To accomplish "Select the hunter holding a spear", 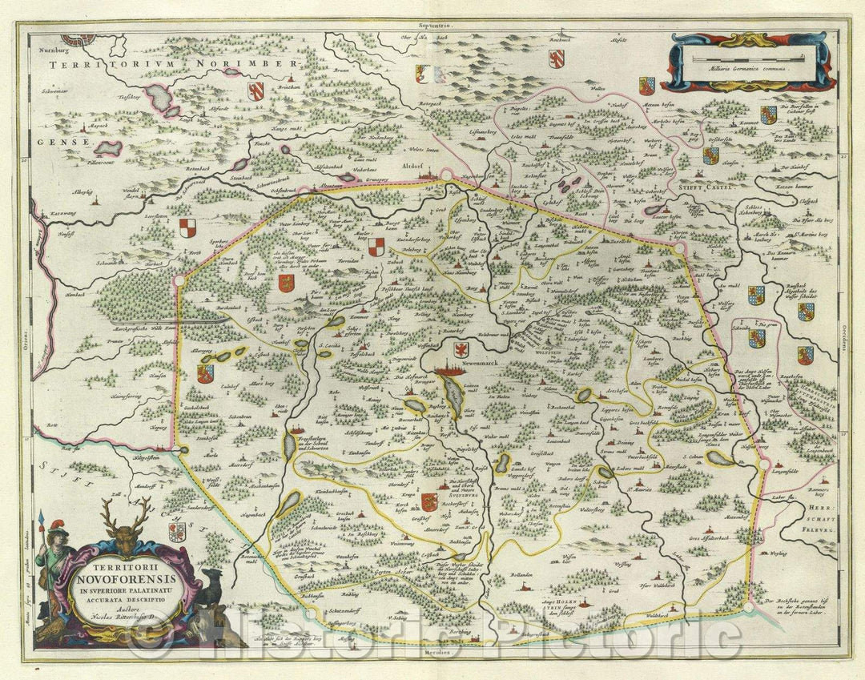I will tap(55, 561).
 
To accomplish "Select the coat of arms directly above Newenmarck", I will tap(461, 349).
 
